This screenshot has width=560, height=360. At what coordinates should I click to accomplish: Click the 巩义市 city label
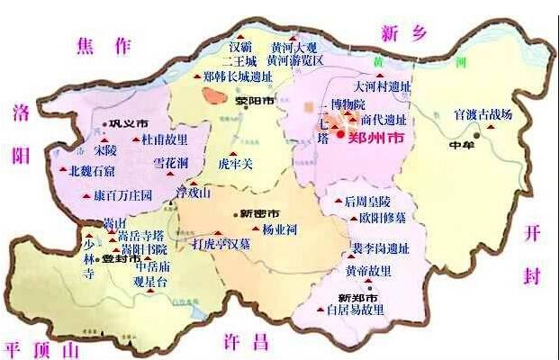[128, 123]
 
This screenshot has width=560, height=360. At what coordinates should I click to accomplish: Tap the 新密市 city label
[260, 213]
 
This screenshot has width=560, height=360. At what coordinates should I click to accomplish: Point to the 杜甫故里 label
[166, 140]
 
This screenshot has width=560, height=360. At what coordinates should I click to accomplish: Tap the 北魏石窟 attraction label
[91, 171]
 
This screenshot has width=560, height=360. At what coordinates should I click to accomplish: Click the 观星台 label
[150, 280]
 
